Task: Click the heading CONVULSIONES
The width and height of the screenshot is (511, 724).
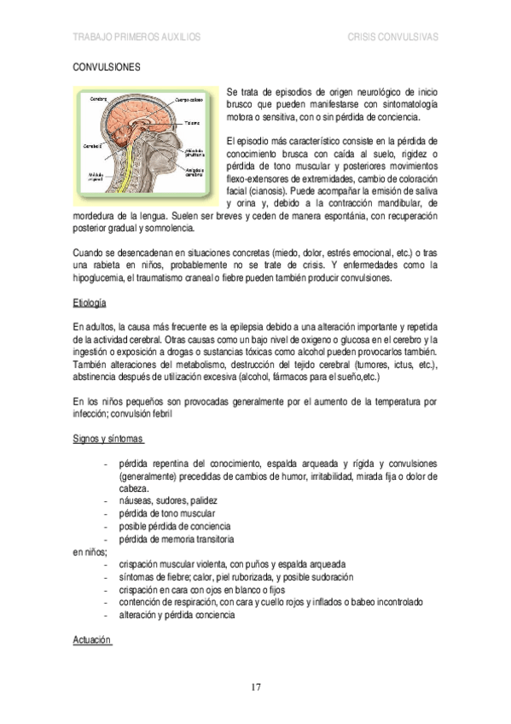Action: click(x=107, y=66)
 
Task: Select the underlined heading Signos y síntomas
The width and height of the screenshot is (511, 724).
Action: click(x=107, y=439)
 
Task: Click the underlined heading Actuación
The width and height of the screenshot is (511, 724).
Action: click(x=91, y=639)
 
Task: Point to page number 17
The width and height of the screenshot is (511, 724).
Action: click(x=255, y=687)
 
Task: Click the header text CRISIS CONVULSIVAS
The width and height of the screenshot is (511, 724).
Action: click(x=393, y=38)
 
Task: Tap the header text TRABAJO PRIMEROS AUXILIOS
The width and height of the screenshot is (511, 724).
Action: click(x=136, y=38)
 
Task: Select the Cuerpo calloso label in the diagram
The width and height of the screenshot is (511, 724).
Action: click(x=188, y=100)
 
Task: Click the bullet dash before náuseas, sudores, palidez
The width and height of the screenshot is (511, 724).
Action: click(x=104, y=499)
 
